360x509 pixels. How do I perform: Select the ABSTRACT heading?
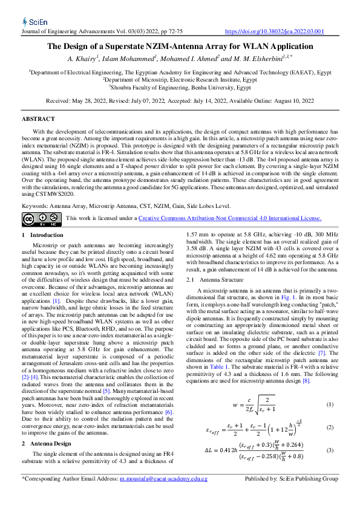pos(38,119)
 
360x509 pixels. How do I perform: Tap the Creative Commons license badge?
pos(41,218)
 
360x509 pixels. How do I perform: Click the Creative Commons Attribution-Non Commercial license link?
pos(230,218)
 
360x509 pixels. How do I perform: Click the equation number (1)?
pos(330,404)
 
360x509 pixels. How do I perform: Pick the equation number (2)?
pos(330,427)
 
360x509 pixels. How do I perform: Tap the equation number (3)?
pos(330,450)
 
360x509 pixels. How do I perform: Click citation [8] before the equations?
pos(306,381)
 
